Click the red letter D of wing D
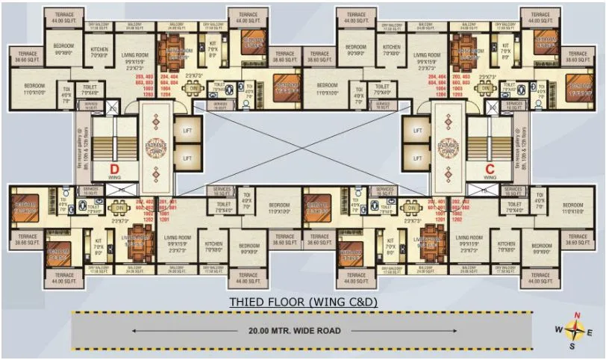click(115, 168)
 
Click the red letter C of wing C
click(490, 168)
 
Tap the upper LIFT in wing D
click(187, 130)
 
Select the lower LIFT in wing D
click(187, 158)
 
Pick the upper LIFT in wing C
click(417, 130)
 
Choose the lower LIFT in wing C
click(417, 158)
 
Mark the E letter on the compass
click(590, 332)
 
